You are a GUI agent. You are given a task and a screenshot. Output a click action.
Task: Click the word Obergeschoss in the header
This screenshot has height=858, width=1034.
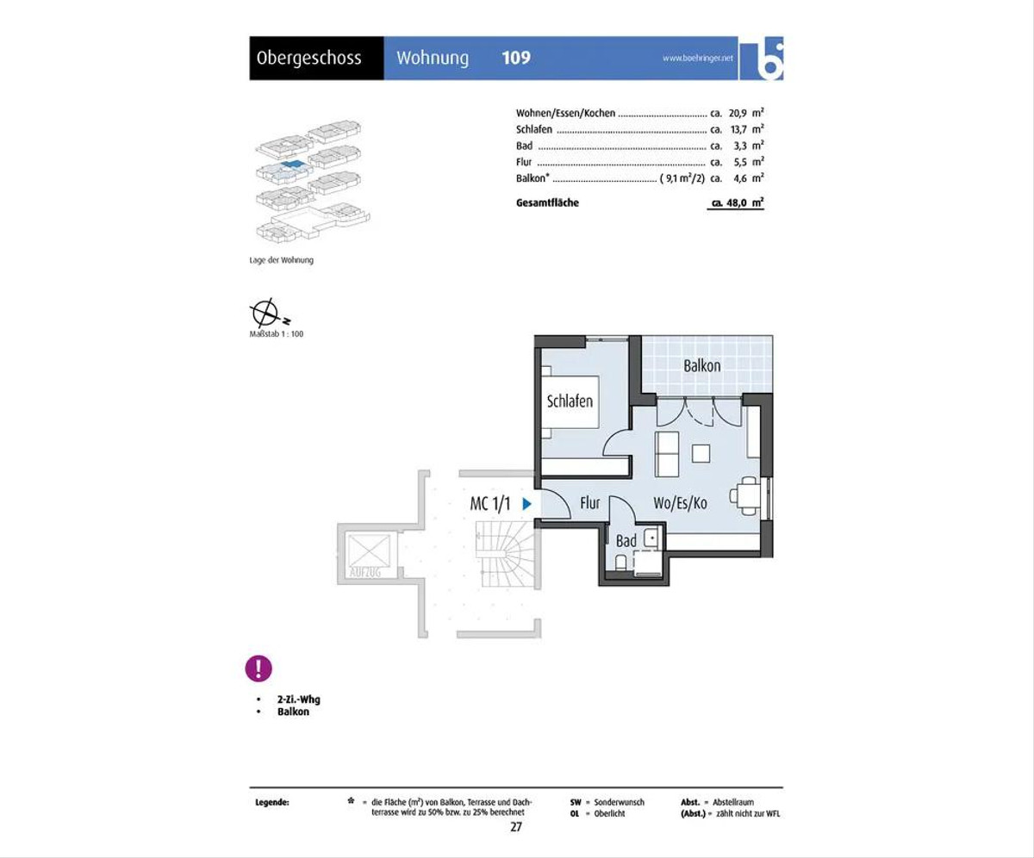pyautogui.click(x=309, y=59)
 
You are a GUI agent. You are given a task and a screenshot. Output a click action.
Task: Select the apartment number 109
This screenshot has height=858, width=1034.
pyautogui.click(x=516, y=58)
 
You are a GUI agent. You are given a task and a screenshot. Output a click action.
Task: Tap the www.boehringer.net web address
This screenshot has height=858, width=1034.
pyautogui.click(x=697, y=58)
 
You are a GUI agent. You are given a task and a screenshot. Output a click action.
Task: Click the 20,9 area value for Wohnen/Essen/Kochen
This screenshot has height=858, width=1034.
pyautogui.click(x=738, y=113)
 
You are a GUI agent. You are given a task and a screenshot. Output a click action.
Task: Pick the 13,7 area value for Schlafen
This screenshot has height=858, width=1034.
pyautogui.click(x=738, y=129)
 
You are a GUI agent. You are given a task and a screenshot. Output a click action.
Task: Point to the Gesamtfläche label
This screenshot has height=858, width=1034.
pyautogui.click(x=547, y=202)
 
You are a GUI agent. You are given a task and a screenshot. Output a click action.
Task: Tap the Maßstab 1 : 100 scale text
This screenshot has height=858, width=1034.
pyautogui.click(x=277, y=333)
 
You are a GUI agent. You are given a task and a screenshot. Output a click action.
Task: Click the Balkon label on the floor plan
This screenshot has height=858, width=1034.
pyautogui.click(x=701, y=366)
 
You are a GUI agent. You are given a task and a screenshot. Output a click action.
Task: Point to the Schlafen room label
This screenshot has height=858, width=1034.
pyautogui.click(x=570, y=401)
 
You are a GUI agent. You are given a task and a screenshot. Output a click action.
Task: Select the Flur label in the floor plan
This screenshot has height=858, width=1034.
pyautogui.click(x=589, y=503)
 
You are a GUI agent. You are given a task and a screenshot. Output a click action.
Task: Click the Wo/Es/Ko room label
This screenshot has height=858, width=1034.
pyautogui.click(x=680, y=503)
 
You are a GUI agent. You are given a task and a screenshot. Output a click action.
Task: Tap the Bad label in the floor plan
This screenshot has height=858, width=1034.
pyautogui.click(x=626, y=541)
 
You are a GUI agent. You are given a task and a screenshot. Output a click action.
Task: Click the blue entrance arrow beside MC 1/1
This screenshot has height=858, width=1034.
pyautogui.click(x=526, y=504)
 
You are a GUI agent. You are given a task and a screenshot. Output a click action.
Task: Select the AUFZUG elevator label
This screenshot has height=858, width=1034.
pyautogui.click(x=365, y=572)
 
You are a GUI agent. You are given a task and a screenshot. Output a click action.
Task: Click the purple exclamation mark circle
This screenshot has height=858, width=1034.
pyautogui.click(x=258, y=668)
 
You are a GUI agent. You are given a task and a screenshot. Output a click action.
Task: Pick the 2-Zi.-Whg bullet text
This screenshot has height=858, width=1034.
pyautogui.click(x=299, y=699)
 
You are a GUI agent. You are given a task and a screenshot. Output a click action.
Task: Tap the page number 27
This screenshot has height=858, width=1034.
pyautogui.click(x=516, y=827)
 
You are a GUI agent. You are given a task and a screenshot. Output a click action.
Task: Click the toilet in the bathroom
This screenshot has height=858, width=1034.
pyautogui.click(x=621, y=563)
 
